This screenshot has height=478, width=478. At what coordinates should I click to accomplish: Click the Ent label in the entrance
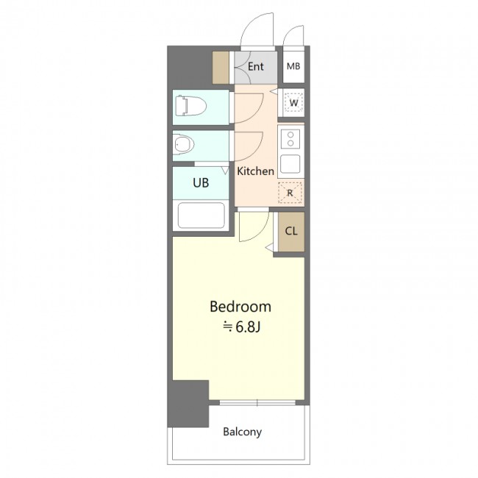coord(255,66)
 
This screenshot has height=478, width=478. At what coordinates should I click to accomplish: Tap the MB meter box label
coord(293,66)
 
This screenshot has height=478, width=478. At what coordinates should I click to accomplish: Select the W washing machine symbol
coord(293,102)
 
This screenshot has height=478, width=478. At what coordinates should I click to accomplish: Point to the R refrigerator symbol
coord(290,193)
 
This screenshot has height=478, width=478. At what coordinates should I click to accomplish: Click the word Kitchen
coord(255,171)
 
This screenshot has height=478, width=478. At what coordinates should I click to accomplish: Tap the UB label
coord(201,183)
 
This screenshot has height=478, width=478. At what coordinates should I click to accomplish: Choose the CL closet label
coord(291,232)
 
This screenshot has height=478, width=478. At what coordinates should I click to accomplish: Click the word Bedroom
coord(240,307)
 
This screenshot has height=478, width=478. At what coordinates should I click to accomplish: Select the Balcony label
coord(243,432)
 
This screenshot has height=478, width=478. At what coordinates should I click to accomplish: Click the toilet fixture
coord(191,106)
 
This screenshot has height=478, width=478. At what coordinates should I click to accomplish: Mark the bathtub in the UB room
coord(201,215)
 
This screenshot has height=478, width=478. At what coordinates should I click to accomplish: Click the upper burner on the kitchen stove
coord(290,135)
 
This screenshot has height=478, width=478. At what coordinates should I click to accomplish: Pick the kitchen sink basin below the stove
coord(290,164)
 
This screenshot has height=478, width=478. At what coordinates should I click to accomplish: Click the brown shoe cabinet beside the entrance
coord(221,68)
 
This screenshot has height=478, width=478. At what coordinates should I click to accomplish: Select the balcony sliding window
coord(257,403)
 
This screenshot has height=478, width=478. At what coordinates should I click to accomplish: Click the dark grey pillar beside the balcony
coord(188,404)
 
